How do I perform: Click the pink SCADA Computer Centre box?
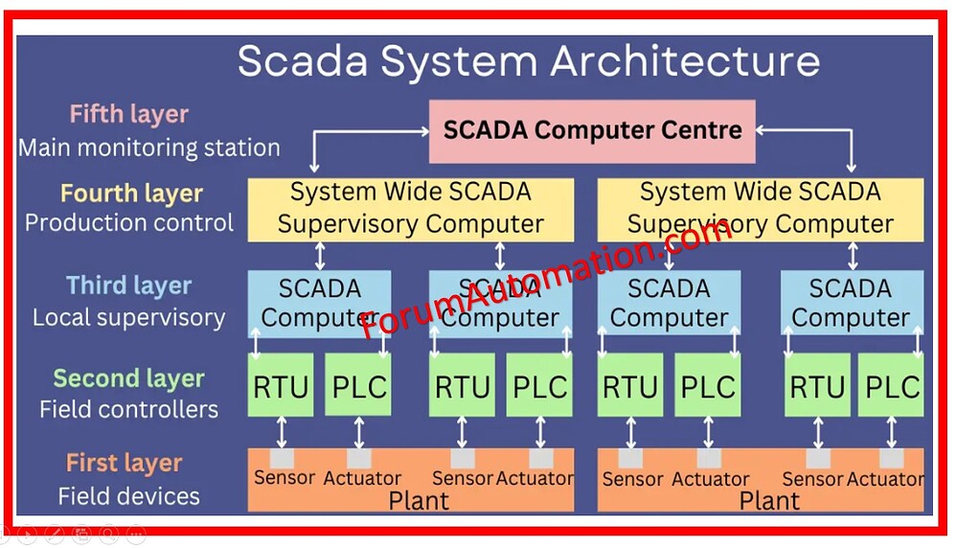tap(592, 131)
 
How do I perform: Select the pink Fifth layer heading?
tap(128, 115)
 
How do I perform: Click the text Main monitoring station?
tap(149, 148)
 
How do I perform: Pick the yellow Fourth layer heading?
tap(131, 194)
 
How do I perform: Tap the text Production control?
tap(129, 223)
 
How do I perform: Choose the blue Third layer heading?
tap(128, 285)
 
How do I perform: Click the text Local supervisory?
tap(129, 317)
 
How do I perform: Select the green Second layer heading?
tap(128, 378)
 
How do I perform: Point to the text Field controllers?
tap(128, 409)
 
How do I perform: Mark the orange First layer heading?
tap(124, 464)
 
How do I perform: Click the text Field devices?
tap(128, 495)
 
